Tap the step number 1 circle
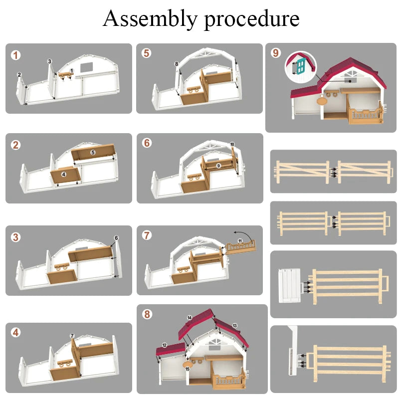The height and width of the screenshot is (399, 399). coord(16,55)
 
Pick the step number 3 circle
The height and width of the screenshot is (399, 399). coord(16,237)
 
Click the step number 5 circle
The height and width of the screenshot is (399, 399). coord(146,53)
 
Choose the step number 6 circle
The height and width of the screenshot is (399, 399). coord(147,143)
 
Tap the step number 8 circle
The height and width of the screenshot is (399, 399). coord(147,314)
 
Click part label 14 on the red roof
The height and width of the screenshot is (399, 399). coord(190,318)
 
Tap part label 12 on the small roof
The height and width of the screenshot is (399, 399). coord(165,345)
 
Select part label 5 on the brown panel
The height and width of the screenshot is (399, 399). coord(93,152)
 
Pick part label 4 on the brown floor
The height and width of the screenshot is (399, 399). coord(64,175)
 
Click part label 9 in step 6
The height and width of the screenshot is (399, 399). coord(218,165)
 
